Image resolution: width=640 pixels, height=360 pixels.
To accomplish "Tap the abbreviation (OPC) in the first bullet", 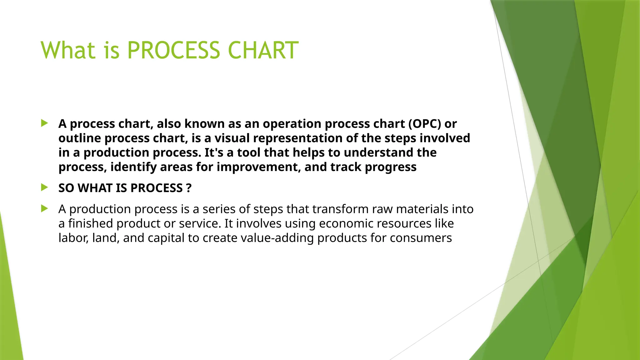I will pyautogui.click(x=424, y=124).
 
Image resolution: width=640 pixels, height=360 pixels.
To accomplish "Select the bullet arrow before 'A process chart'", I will pyautogui.click(x=44, y=123).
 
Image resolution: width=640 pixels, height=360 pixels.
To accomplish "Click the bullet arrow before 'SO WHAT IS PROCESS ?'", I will pyautogui.click(x=44, y=187).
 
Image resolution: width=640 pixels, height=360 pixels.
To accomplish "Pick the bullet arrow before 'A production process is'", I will pyautogui.click(x=44, y=208).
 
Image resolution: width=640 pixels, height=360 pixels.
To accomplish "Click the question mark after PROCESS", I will pyautogui.click(x=188, y=188).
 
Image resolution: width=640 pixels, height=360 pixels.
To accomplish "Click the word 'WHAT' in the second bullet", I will pyautogui.click(x=95, y=188).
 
